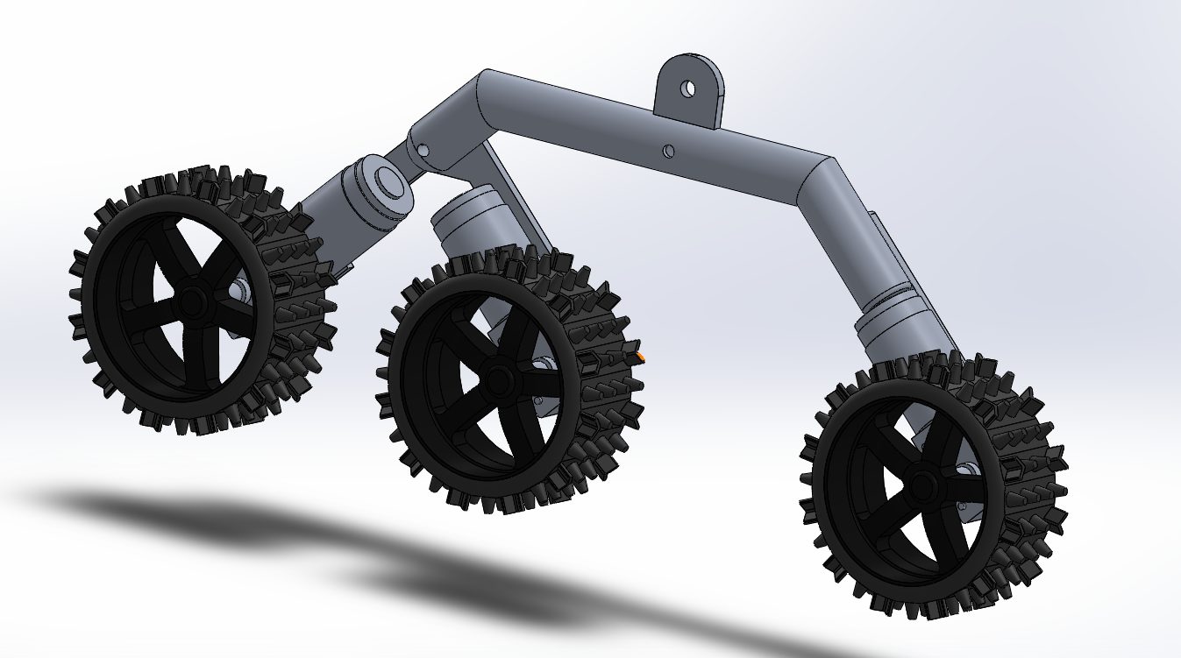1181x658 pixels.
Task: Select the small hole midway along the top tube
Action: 668,152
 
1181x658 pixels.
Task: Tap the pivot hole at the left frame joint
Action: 424,151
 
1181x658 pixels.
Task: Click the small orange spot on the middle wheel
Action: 642,357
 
